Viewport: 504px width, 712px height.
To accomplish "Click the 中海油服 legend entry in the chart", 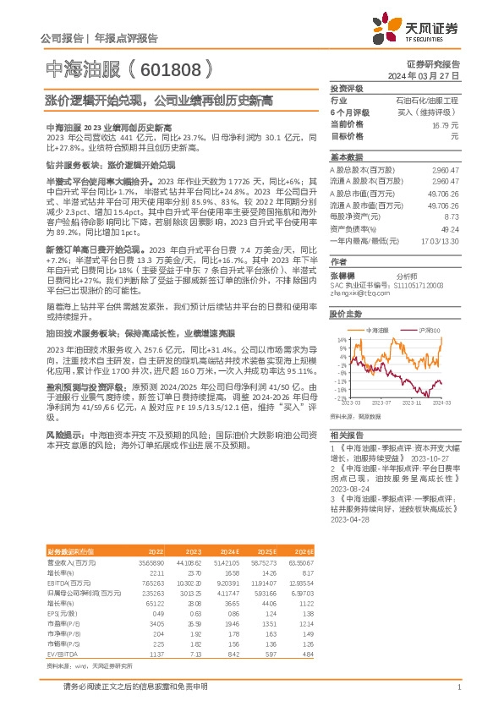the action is point(375,330).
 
